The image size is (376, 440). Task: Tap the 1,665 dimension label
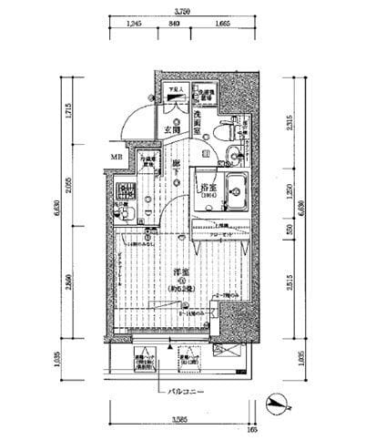point(220,26)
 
